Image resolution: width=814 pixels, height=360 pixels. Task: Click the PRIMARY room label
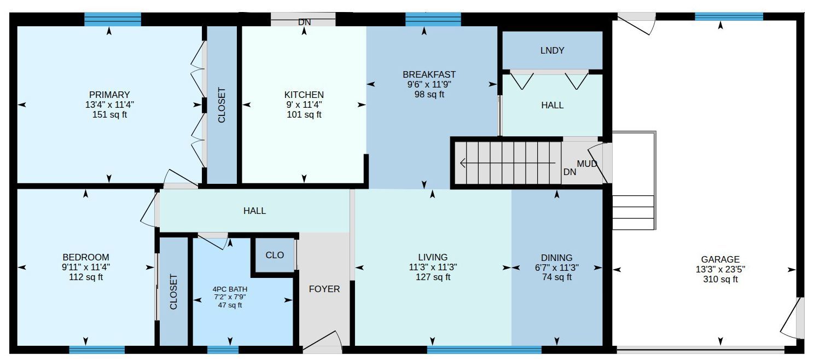109,95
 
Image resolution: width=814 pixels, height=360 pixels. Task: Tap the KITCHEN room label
304,95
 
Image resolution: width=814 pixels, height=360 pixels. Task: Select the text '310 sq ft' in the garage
720,280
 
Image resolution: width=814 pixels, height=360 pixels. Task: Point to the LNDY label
552,50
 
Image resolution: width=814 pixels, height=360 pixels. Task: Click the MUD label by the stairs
587,164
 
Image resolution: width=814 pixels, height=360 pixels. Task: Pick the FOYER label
324,289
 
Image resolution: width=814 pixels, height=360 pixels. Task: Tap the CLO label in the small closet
275,256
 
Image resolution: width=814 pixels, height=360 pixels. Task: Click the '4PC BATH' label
230,289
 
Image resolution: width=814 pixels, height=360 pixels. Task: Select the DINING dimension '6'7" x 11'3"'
556,268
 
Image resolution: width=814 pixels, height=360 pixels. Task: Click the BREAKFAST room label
429,74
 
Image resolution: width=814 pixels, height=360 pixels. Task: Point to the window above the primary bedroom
113,19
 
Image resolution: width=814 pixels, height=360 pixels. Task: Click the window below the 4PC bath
223,350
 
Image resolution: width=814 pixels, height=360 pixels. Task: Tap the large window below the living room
484,350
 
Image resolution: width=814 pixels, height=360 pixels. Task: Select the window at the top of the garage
729,16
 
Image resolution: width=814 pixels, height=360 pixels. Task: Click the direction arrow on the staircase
507,163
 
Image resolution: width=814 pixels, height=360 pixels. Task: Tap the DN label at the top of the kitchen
304,22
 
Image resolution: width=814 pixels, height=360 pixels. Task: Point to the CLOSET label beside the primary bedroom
222,105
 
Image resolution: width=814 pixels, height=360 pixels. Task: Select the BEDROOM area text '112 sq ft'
86,277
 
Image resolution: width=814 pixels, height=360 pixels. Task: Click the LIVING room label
432,258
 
